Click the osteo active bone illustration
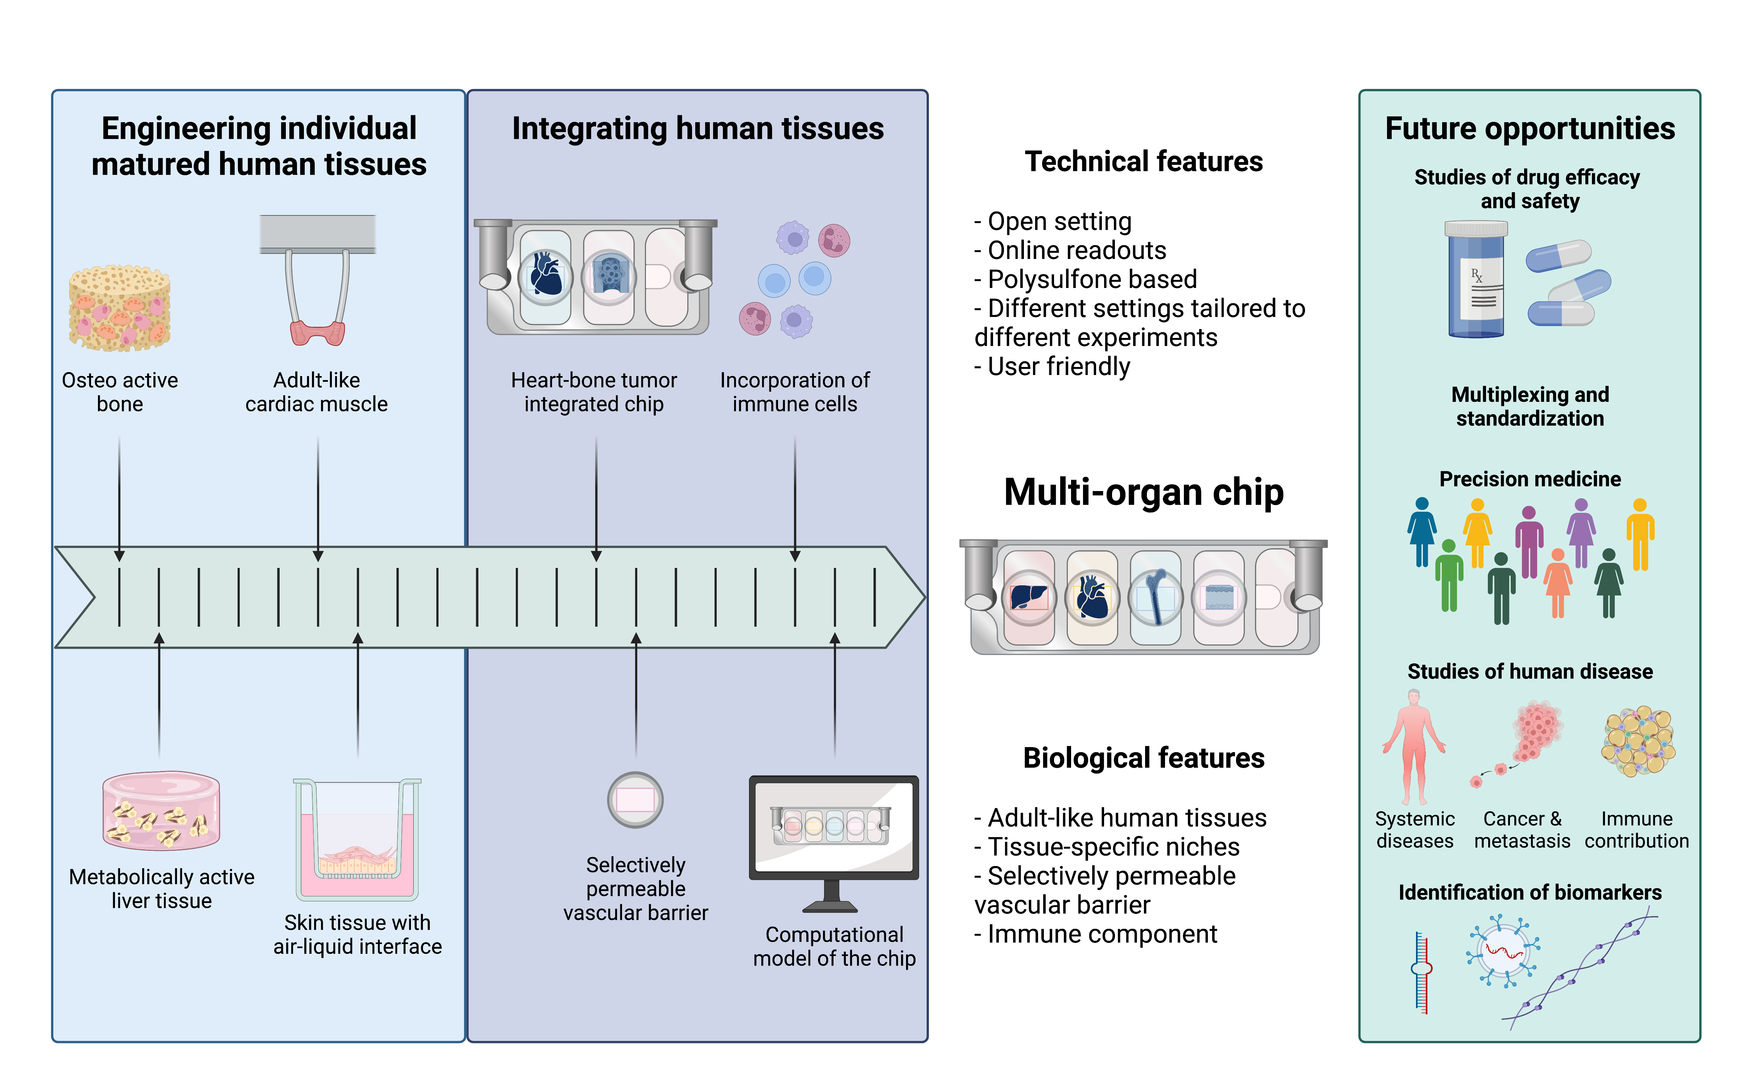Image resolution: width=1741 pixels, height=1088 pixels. point(119,308)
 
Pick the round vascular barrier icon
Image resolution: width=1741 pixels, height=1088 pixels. point(635,799)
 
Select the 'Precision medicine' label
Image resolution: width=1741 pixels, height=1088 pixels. point(1530,479)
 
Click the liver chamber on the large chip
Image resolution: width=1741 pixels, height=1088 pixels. point(1029,597)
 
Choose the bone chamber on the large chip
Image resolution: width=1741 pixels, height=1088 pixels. point(1155,597)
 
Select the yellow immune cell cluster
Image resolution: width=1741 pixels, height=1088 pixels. point(1638,741)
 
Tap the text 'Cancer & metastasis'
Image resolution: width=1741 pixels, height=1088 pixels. point(1522,830)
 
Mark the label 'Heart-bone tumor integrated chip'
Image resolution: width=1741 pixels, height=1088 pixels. point(594,392)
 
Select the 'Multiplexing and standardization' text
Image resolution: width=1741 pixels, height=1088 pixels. point(1530,407)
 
